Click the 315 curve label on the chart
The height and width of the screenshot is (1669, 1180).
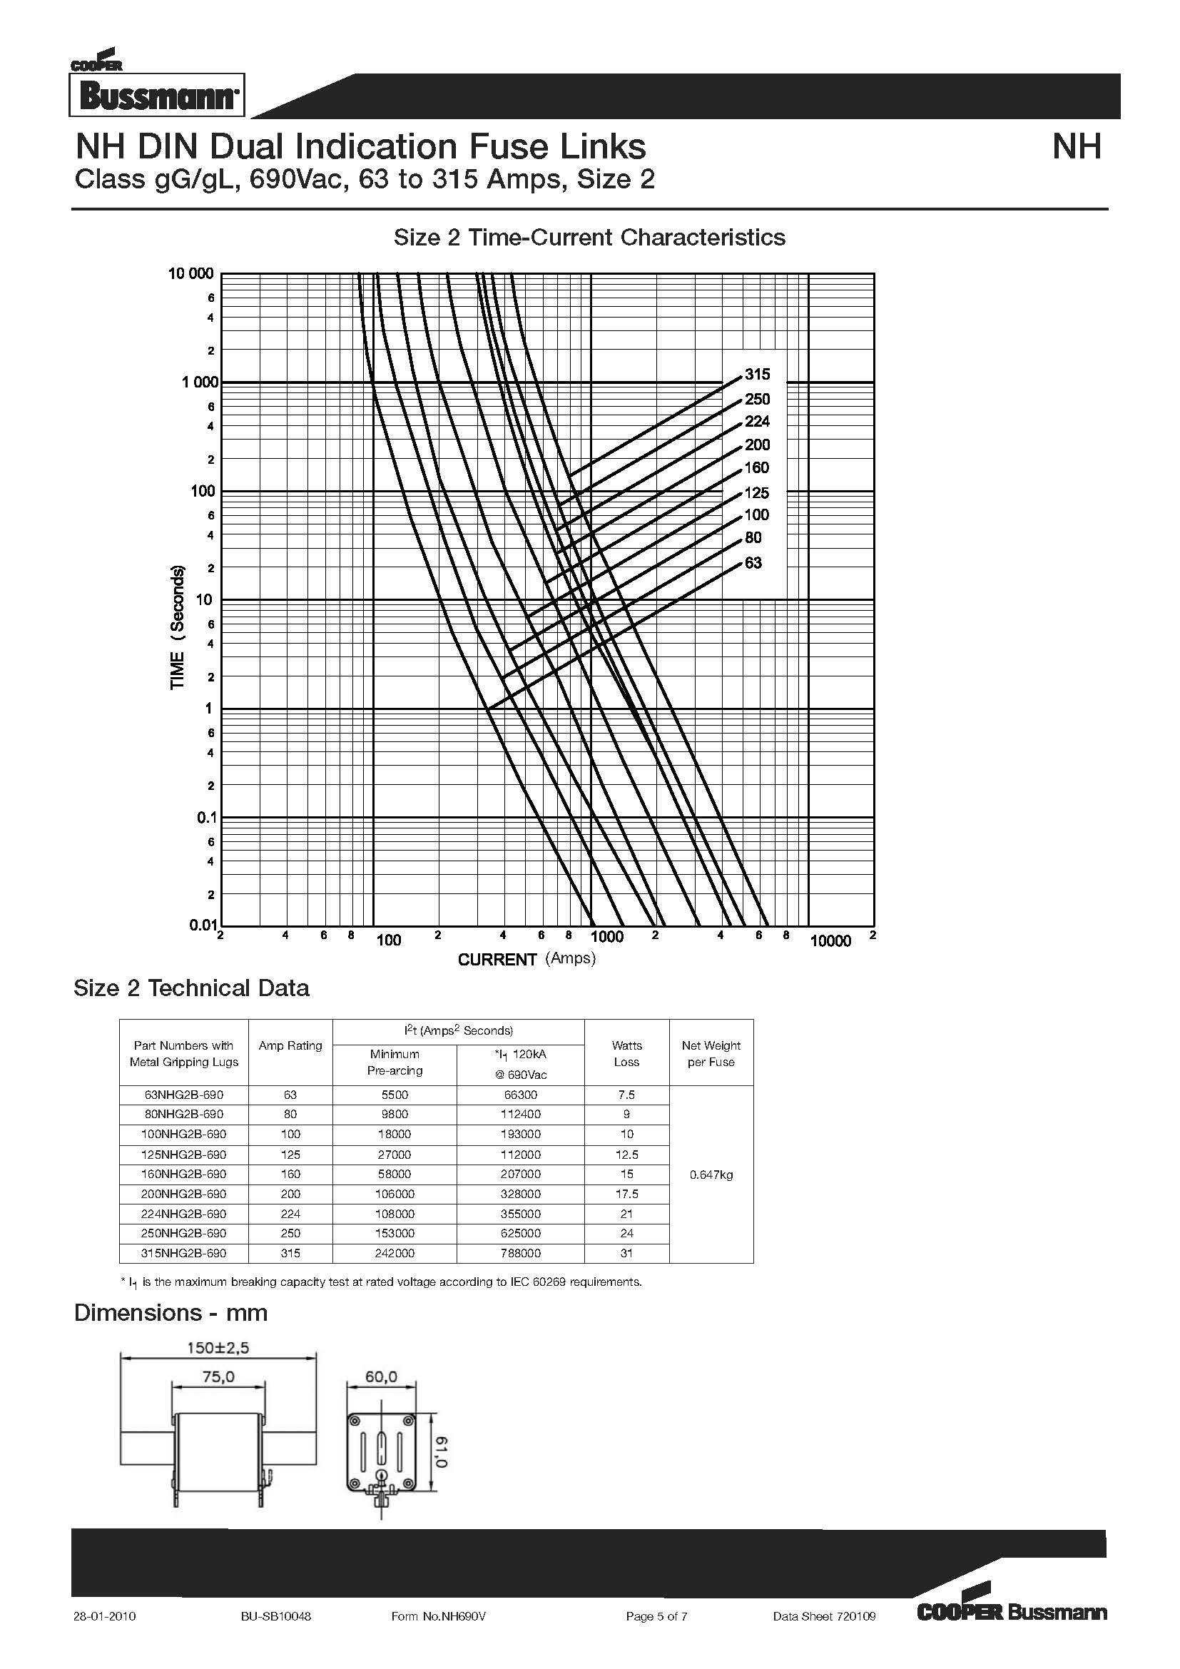tap(757, 375)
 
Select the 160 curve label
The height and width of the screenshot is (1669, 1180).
tap(756, 467)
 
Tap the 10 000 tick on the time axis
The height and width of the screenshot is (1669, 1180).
tap(191, 273)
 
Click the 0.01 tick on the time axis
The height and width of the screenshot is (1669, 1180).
tap(203, 925)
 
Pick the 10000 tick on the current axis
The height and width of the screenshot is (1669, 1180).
tap(830, 941)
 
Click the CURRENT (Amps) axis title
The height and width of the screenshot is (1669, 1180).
tap(527, 959)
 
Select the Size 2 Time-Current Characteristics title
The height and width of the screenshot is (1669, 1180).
tap(589, 237)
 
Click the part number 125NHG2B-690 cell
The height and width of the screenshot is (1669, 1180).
tap(184, 1155)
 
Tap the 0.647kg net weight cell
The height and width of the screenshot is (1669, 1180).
tap(711, 1175)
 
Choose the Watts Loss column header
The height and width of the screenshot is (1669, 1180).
tap(626, 1053)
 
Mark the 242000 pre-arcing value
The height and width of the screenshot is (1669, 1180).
tap(395, 1253)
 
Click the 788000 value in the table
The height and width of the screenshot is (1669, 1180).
tap(520, 1253)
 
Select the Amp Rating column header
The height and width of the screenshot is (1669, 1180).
tap(290, 1045)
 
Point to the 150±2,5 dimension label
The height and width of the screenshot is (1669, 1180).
tap(218, 1348)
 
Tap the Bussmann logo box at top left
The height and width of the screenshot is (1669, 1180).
tap(157, 95)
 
